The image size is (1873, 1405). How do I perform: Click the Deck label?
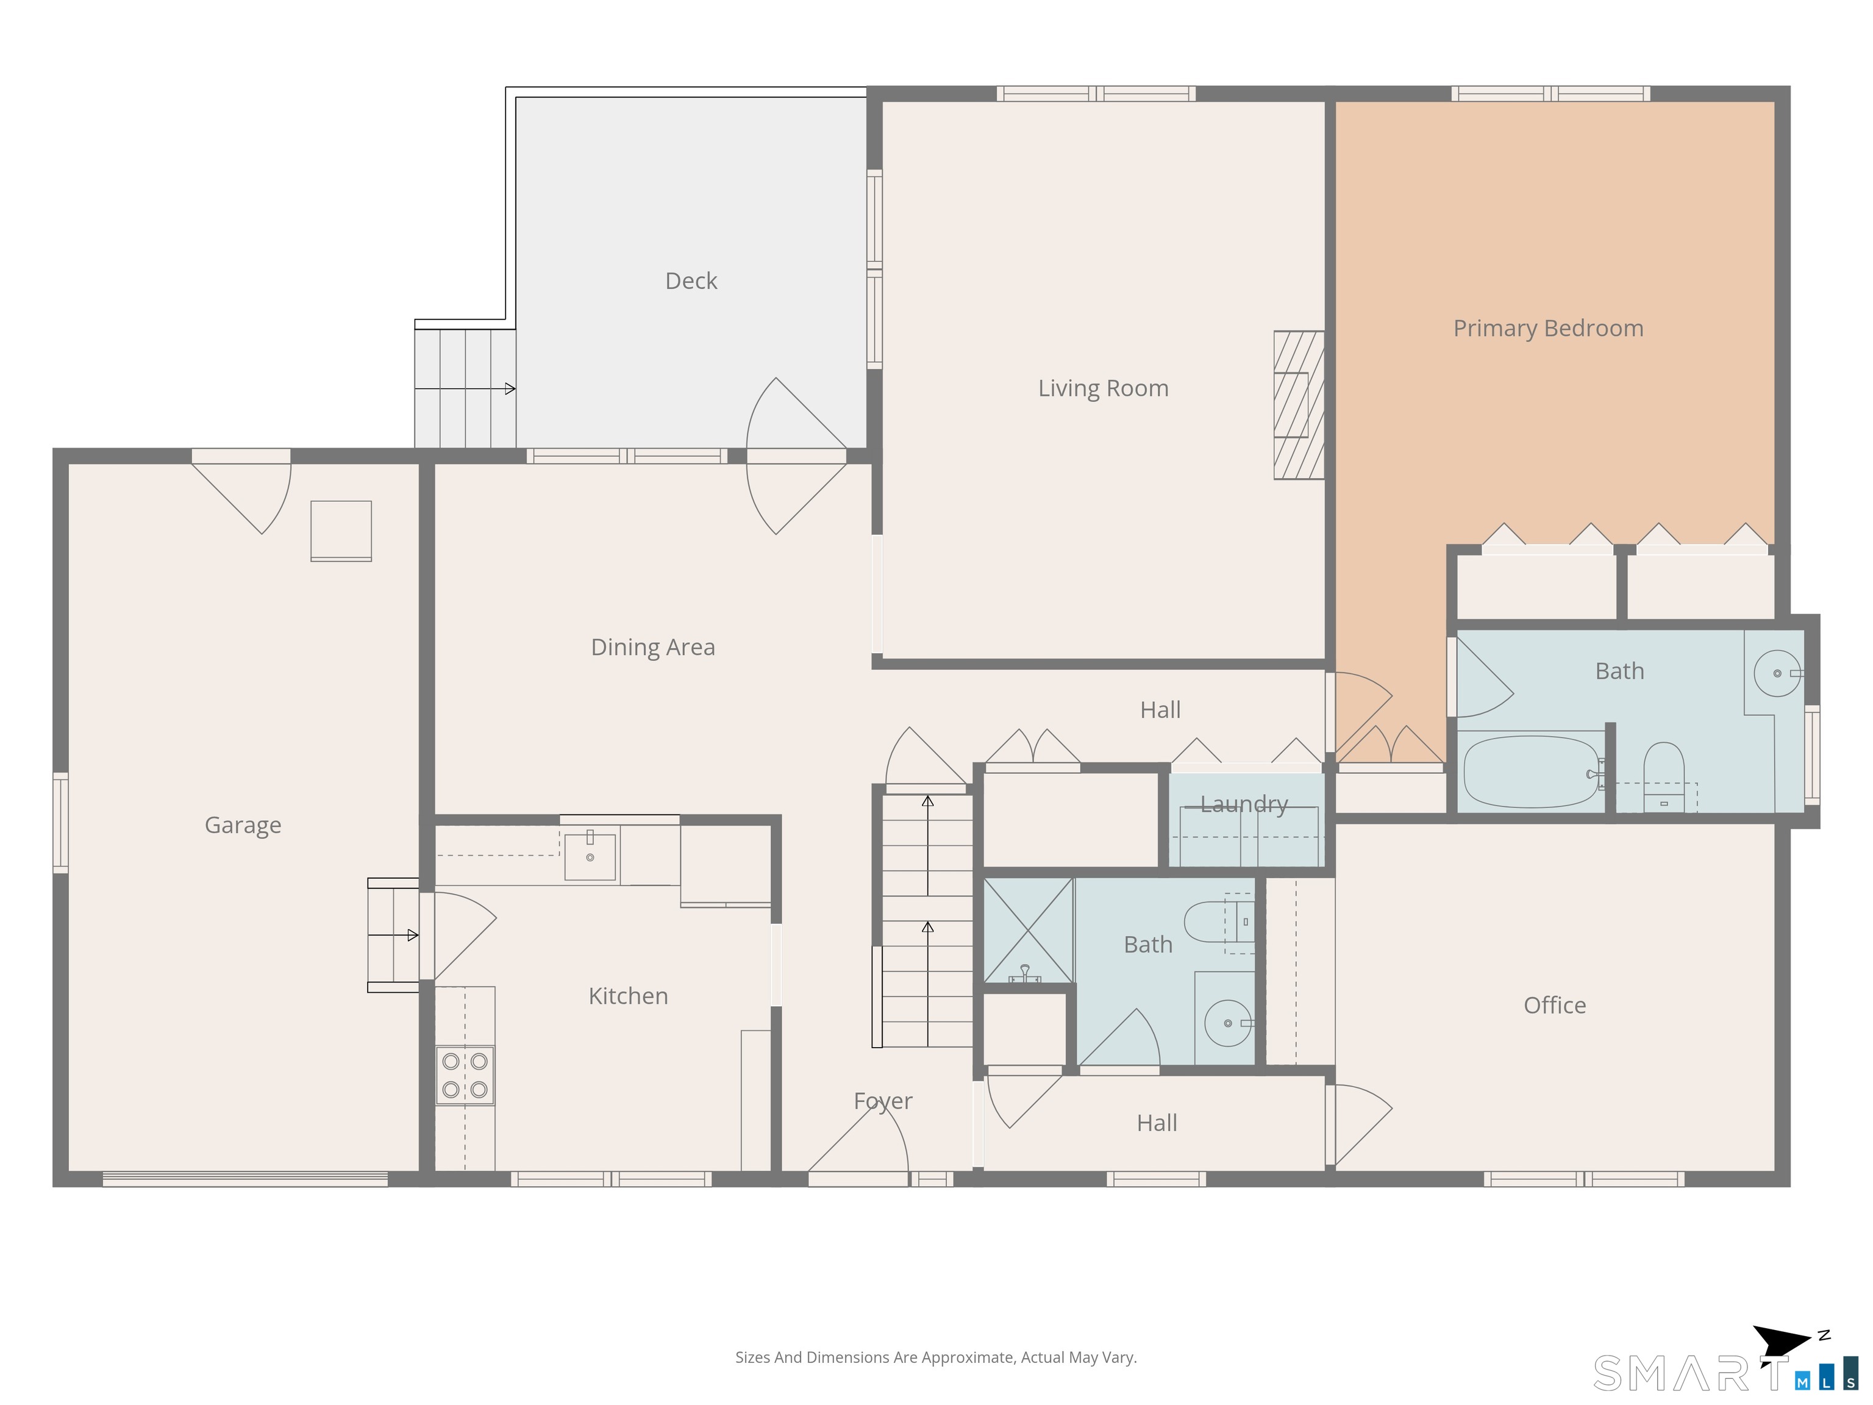pos(691,281)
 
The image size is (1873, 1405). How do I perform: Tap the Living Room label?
pos(1104,388)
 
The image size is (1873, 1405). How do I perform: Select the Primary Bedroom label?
pos(1548,329)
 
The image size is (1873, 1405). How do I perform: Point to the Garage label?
pos(243,826)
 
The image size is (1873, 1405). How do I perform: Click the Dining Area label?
pos(653,647)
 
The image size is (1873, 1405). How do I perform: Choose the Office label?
pos(1555,1005)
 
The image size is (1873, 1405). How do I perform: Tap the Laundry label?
pos(1244,804)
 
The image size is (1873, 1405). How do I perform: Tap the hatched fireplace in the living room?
pos(1299,405)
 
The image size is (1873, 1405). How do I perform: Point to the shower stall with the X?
pos(1028,931)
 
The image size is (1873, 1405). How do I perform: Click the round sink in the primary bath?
pos(1777,673)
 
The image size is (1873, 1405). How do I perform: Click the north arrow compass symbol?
pos(1786,1343)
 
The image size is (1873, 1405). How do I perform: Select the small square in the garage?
pos(341,531)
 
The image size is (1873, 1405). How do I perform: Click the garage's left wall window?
pos(60,823)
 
